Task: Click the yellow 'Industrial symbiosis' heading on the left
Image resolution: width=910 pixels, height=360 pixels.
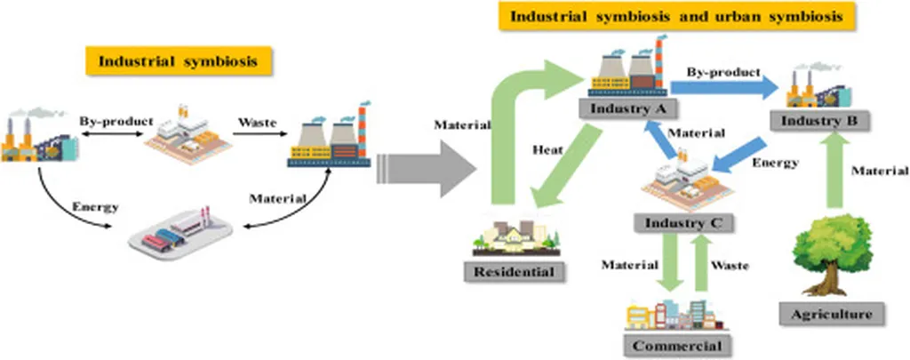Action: tap(179, 62)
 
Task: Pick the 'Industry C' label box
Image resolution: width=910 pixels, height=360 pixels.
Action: tap(678, 221)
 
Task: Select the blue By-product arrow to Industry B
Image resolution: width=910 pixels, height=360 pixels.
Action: tap(724, 87)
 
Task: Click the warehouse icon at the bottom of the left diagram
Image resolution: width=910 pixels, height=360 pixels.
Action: tap(181, 233)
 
